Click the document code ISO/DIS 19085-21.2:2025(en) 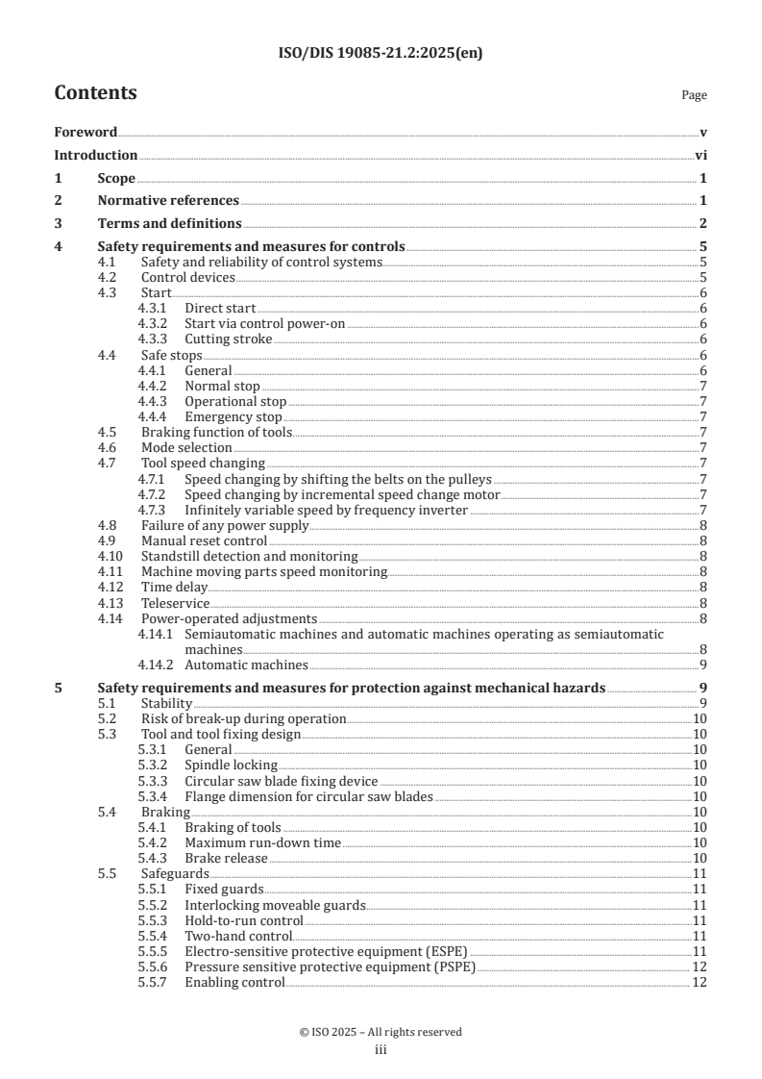(381, 53)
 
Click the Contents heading (95, 93)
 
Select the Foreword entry (86, 133)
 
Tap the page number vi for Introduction (701, 156)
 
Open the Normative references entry (168, 201)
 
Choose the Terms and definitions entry (169, 224)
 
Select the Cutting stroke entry (228, 339)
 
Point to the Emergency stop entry (233, 417)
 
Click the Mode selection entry (186, 448)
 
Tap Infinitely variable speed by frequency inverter (326, 510)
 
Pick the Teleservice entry (175, 603)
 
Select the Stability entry (167, 703)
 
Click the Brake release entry (227, 858)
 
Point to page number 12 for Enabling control (700, 982)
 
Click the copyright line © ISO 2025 (381, 1032)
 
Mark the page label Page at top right (694, 96)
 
